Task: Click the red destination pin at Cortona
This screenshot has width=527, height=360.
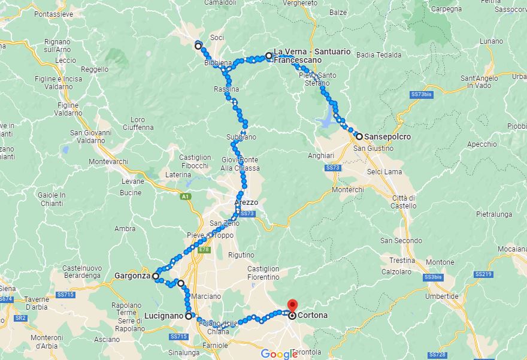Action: pos(292,304)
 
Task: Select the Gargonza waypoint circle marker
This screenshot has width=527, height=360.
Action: pos(156,277)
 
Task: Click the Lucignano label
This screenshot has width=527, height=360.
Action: pos(163,316)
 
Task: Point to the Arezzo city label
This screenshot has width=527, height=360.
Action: pos(246,202)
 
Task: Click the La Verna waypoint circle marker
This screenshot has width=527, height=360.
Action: pos(269,56)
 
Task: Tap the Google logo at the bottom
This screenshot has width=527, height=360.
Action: pos(279,354)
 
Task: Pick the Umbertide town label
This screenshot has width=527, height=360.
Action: pos(441,297)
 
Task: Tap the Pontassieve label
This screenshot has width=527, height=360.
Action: pos(54,13)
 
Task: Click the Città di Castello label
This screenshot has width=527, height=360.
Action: pos(404,202)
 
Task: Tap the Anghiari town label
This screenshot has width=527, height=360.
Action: pos(320,156)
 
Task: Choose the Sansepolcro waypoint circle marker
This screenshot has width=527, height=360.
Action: pos(359,136)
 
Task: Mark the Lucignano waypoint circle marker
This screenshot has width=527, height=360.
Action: pos(189,316)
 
